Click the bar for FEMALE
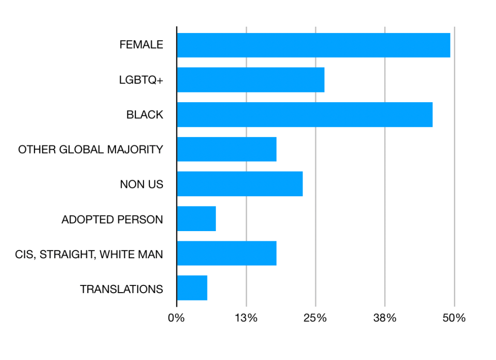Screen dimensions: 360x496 313,45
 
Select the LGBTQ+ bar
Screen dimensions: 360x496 250,80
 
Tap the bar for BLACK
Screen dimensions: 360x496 304,115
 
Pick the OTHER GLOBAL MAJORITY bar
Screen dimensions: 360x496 226,149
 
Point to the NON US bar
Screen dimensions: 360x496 240,184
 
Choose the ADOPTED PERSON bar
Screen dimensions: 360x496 196,219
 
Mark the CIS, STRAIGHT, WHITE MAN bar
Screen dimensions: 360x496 226,253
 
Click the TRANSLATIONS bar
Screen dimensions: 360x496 192,288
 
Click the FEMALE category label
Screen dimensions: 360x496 141,45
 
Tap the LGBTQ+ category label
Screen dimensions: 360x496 141,80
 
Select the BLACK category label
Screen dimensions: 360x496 144,115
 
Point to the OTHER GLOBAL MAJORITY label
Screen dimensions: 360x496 91,150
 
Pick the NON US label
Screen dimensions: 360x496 142,185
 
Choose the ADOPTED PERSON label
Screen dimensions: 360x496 112,219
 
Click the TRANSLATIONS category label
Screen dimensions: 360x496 121,289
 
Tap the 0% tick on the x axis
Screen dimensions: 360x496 176,318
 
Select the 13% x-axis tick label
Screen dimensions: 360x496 246,318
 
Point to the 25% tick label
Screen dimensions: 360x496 315,318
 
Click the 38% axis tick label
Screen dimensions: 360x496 384,318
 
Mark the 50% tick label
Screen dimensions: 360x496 454,318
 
